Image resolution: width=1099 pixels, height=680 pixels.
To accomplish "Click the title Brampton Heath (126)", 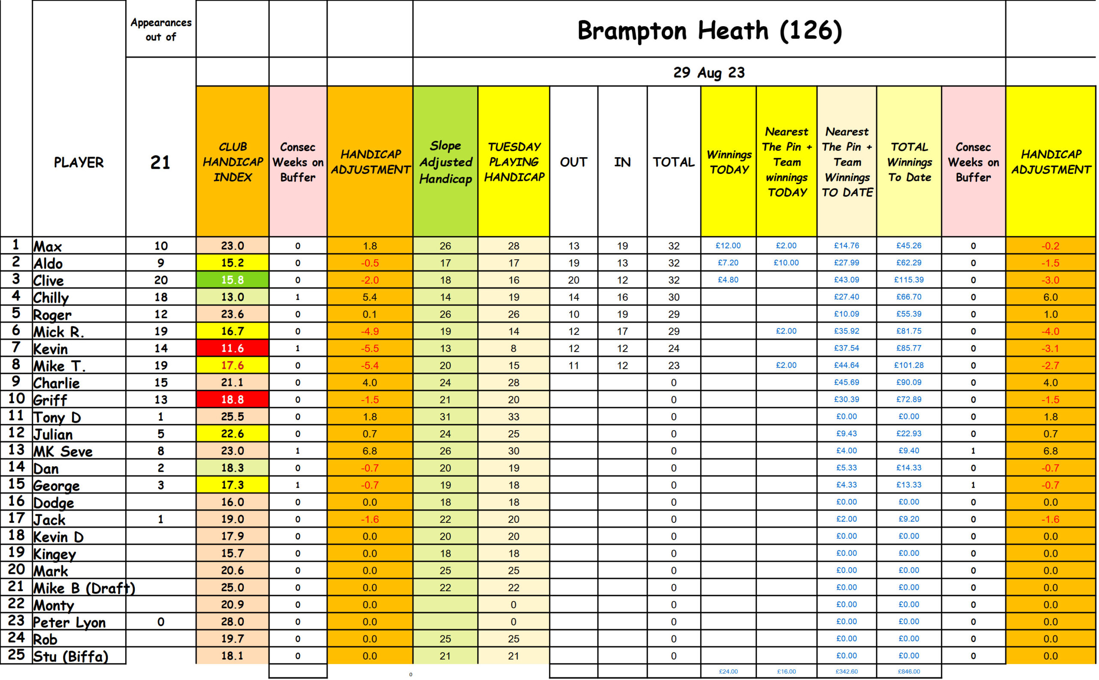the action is tap(709, 30).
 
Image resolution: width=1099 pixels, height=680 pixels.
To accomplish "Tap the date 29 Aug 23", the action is tap(709, 73).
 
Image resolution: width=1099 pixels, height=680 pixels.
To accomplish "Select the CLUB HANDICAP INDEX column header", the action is tap(233, 162).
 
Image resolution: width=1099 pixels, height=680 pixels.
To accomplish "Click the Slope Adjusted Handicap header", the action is tap(445, 162).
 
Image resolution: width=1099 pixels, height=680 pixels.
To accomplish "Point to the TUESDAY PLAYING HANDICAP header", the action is tap(513, 162).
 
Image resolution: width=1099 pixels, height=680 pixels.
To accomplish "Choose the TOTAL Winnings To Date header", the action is tap(909, 162).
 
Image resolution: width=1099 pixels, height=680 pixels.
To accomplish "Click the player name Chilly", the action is tap(51, 297).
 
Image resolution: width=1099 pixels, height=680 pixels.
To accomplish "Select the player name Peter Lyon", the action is tap(69, 622).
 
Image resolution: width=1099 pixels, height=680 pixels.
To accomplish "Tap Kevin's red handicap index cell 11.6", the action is tap(233, 348).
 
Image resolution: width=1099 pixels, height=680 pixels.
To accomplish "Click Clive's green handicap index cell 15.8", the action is tap(233, 280).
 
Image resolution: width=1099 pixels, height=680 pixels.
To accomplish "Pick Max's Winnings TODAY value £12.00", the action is tap(728, 246).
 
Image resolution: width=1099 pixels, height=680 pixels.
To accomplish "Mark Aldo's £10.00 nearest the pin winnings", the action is tap(786, 263).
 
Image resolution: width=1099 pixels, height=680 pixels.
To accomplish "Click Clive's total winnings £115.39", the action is tap(909, 280).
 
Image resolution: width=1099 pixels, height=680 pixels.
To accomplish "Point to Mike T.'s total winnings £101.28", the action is tap(909, 365).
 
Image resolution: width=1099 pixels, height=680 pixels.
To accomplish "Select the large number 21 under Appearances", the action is tap(160, 162).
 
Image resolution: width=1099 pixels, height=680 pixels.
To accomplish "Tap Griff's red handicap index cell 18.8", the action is tap(233, 399).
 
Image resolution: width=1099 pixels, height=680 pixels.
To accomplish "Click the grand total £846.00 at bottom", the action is tap(909, 671).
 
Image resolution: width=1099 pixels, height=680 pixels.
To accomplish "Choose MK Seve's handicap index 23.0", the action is tap(233, 451).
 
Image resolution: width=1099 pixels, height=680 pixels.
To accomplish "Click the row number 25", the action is tap(16, 654).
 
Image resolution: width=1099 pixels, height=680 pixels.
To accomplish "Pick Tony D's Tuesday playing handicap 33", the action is tap(513, 416).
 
